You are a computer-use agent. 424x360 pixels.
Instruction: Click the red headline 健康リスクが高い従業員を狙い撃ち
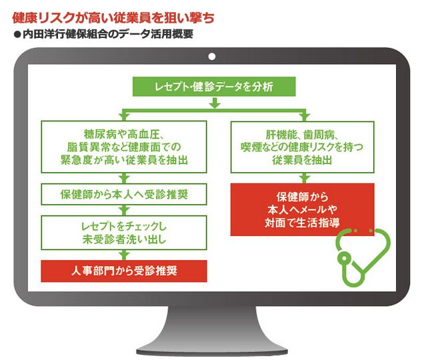click(113, 18)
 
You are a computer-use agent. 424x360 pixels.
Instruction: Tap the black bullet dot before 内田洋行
click(17, 35)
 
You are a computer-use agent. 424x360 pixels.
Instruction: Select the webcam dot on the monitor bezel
click(212, 57)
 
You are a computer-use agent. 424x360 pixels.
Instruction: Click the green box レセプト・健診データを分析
click(214, 87)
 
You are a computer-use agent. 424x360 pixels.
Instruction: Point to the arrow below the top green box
click(215, 103)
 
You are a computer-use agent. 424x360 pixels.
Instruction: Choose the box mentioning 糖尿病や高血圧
click(124, 147)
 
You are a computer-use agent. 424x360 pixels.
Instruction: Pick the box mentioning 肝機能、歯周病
click(302, 147)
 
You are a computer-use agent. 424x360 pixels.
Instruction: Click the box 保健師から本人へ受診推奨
click(124, 194)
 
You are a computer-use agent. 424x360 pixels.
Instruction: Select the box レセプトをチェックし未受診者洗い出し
click(124, 233)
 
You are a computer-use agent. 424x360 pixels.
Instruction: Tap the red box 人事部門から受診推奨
click(124, 271)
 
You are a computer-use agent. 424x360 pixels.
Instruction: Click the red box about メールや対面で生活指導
click(302, 209)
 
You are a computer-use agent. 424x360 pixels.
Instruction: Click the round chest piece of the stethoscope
click(344, 258)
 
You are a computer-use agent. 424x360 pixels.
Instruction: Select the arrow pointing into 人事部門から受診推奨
click(124, 255)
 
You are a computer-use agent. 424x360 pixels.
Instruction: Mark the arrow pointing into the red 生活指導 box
click(305, 178)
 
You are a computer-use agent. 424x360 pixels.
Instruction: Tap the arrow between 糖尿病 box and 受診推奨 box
click(124, 178)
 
